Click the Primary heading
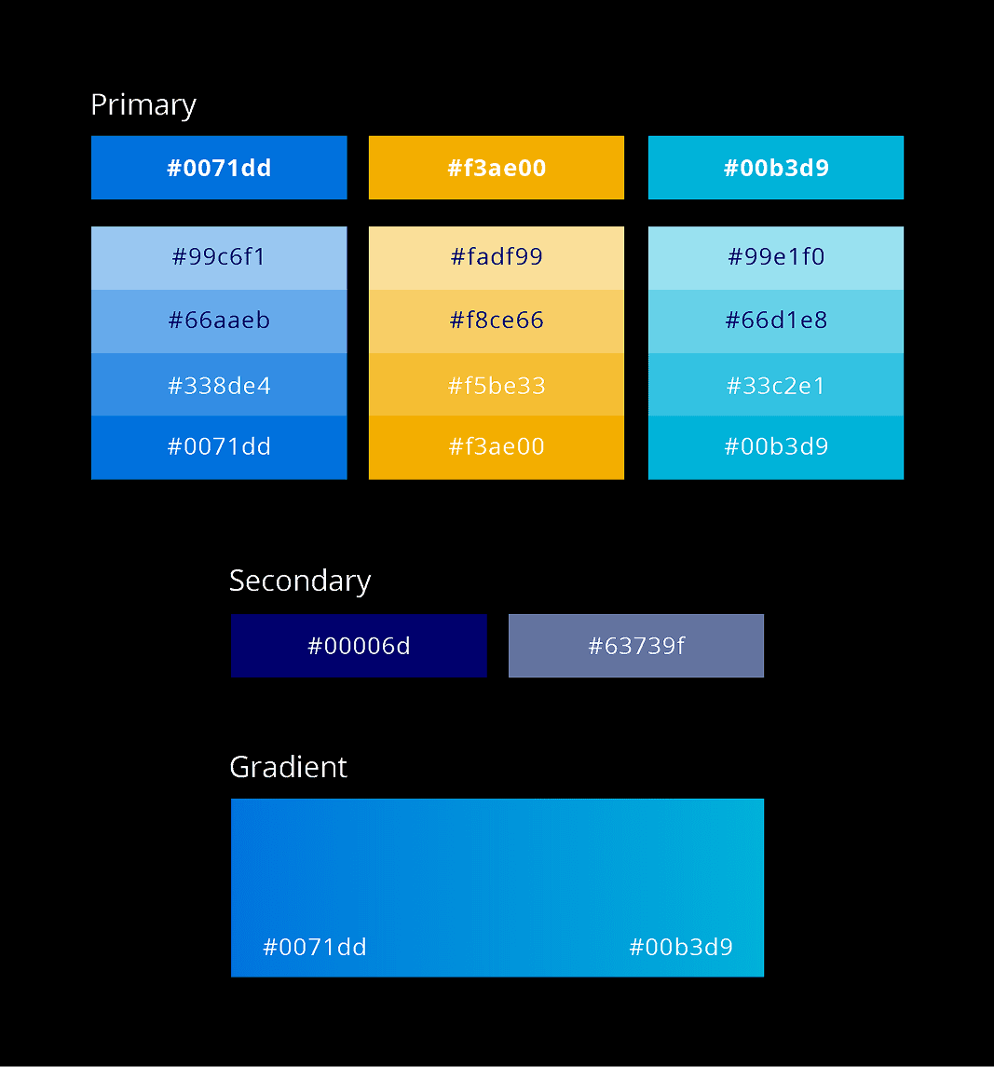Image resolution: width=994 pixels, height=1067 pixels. click(x=143, y=105)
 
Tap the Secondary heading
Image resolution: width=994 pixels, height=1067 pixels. click(x=300, y=581)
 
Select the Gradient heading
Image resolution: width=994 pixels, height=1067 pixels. click(x=288, y=767)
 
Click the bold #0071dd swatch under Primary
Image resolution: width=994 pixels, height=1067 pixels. click(x=219, y=168)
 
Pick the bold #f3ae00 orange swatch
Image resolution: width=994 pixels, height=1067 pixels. click(x=497, y=168)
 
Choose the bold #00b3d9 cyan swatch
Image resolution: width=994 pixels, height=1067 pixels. click(x=776, y=168)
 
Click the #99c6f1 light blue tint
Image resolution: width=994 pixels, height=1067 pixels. click(x=219, y=257)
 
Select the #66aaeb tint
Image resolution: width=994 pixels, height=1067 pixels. click(x=219, y=321)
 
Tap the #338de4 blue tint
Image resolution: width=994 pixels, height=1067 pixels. click(x=219, y=385)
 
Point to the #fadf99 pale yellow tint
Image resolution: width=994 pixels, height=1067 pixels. click(x=497, y=257)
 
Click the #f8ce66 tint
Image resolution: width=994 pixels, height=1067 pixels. click(x=497, y=321)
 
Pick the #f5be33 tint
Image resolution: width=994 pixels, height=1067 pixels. click(x=497, y=385)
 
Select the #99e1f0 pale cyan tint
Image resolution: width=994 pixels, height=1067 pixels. click(x=776, y=257)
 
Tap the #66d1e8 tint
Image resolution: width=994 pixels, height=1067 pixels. click(x=776, y=321)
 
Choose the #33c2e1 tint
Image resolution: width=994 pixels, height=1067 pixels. click(x=776, y=385)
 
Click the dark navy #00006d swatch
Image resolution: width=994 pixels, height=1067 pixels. click(x=359, y=646)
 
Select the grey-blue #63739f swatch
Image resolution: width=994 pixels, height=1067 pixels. click(x=636, y=646)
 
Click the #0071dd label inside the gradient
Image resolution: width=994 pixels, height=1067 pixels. click(x=315, y=948)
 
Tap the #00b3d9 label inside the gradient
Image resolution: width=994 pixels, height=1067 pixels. click(x=681, y=948)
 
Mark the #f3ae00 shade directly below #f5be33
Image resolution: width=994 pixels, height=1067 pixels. click(x=497, y=447)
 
